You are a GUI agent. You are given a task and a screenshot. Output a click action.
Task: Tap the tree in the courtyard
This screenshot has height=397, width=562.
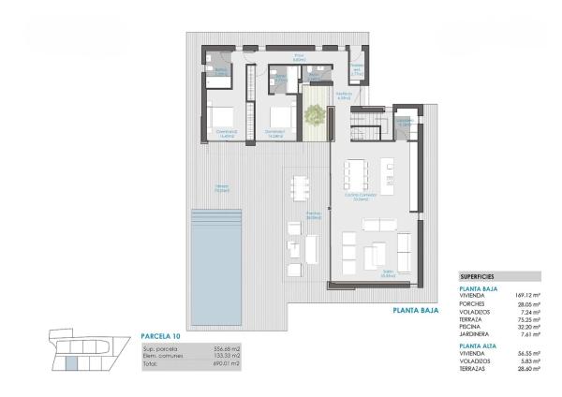[316, 115]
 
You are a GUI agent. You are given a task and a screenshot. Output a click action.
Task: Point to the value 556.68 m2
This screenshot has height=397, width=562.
[215, 347]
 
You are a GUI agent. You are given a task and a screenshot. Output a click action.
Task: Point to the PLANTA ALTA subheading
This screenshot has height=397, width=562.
[480, 346]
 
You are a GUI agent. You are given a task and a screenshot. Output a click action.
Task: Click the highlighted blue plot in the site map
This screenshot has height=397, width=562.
[70, 361]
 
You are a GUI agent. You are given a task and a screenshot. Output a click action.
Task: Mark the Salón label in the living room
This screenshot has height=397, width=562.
[360, 274]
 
